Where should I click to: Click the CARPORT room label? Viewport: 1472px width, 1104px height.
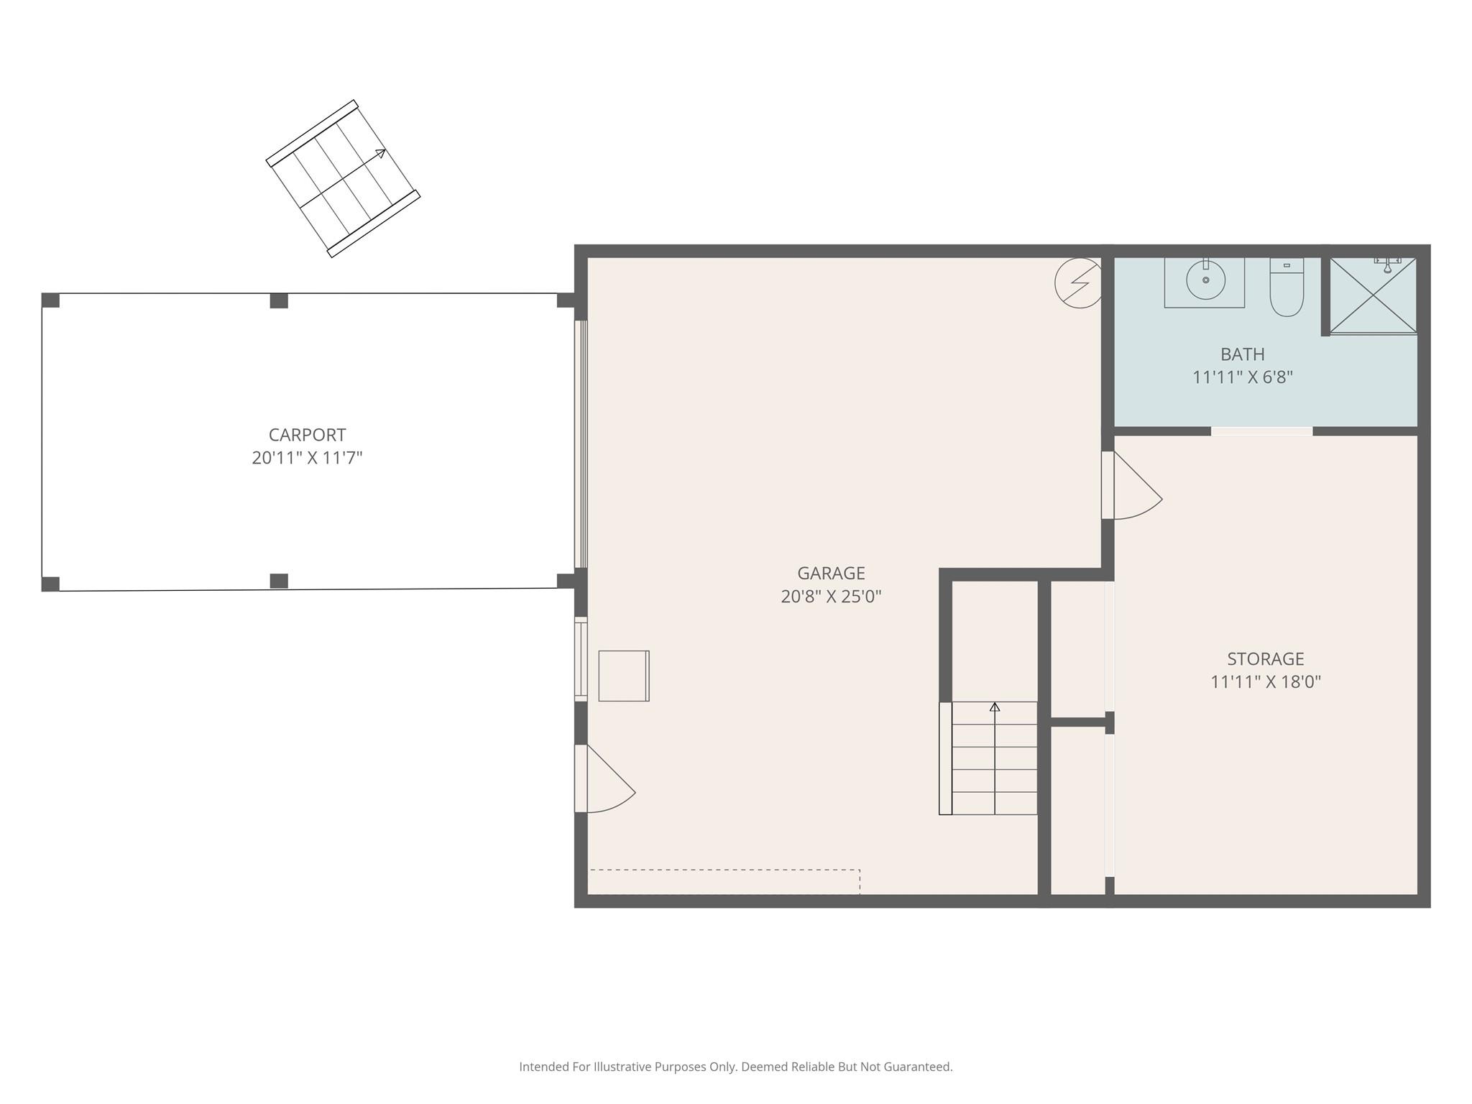(307, 435)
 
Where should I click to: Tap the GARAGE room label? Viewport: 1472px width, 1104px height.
(831, 573)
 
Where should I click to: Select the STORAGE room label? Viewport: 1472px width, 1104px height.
(1265, 658)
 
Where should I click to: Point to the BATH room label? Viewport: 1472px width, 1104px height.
(1243, 354)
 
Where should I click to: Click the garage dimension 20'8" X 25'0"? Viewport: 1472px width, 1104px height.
(831, 596)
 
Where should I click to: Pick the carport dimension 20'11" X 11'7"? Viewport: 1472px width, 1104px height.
(307, 458)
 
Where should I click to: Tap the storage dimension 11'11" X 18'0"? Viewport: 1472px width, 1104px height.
(1266, 681)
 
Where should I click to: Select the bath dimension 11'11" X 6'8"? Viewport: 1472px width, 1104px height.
(1243, 377)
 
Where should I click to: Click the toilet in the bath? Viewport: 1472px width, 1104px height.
(1287, 287)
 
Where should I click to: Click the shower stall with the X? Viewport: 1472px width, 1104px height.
(1372, 295)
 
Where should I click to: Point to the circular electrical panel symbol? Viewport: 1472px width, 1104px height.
(1078, 283)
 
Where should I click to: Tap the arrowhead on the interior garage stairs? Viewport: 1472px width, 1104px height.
(995, 707)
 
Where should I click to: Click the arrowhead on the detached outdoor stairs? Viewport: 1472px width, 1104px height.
(380, 152)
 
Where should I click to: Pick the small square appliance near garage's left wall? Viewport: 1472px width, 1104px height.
(624, 676)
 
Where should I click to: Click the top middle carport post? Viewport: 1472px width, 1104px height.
(279, 300)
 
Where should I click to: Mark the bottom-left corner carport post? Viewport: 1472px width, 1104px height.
(50, 584)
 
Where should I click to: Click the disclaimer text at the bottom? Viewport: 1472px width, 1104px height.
(736, 1067)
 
